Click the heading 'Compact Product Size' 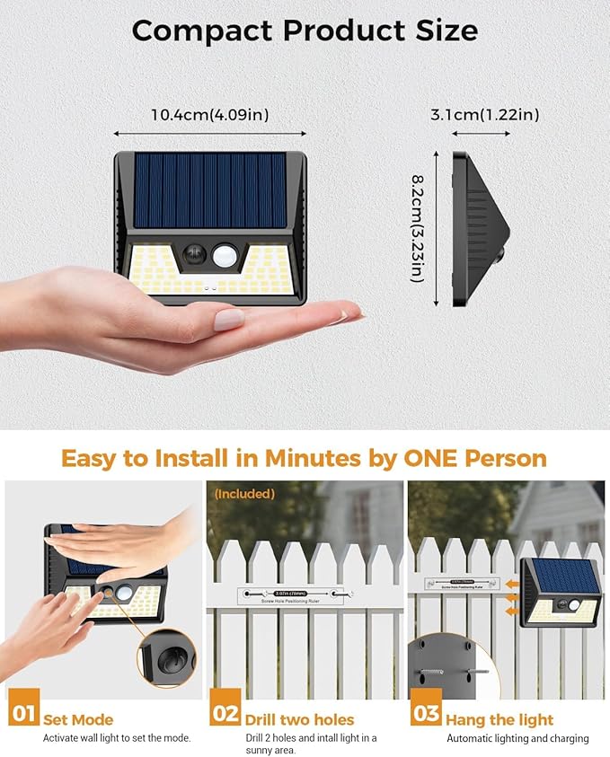click(305, 31)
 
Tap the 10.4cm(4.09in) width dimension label click(209, 114)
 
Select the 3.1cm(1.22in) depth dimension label click(484, 114)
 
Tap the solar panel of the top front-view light click(210, 189)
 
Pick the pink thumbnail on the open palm click(227, 319)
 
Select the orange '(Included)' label click(244, 494)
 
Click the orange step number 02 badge click(225, 716)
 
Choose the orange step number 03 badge click(425, 716)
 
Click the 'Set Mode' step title click(79, 719)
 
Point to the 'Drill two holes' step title click(299, 719)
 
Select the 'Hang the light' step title click(500, 719)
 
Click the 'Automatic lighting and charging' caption click(517, 738)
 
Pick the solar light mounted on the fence click(562, 594)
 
